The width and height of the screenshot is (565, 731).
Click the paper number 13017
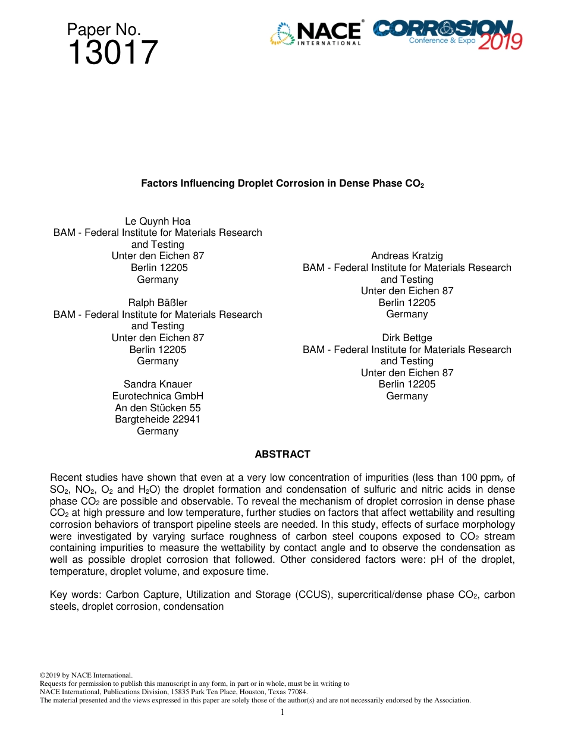click(112, 53)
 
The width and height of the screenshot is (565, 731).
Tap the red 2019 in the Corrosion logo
click(500, 42)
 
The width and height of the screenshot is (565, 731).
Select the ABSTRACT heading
click(282, 454)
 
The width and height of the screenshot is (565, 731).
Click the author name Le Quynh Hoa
click(158, 221)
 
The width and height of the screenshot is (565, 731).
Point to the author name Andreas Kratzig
click(407, 256)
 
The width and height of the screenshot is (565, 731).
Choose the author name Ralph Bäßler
click(158, 303)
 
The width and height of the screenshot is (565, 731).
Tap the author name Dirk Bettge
click(407, 338)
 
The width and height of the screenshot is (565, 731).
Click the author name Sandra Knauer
click(158, 385)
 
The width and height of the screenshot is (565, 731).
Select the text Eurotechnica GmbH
click(158, 396)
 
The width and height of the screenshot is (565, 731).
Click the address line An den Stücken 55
click(158, 408)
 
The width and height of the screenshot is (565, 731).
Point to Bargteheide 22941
click(158, 420)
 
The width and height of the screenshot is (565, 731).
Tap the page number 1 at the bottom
click(282, 713)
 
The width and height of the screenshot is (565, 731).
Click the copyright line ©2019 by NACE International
click(86, 675)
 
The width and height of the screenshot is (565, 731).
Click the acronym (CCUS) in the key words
click(313, 595)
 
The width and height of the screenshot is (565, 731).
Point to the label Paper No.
click(103, 30)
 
